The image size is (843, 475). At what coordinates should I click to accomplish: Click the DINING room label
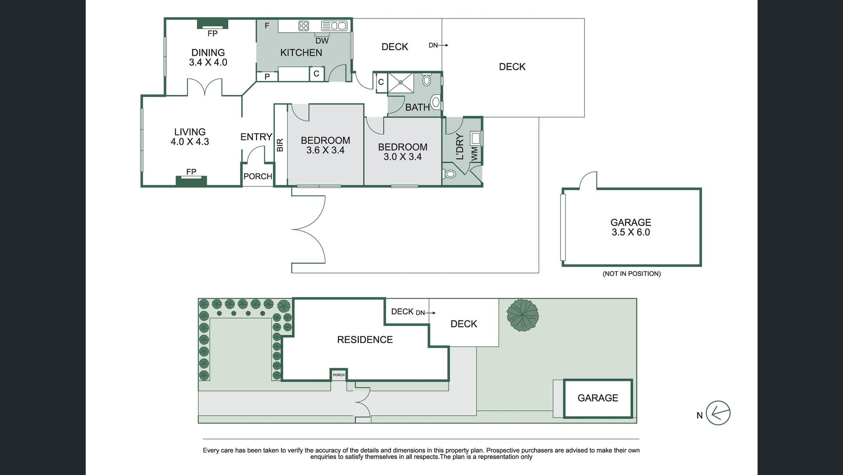click(x=208, y=53)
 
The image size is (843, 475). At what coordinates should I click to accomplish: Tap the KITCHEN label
click(x=301, y=53)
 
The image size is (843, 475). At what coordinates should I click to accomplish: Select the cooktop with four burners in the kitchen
click(x=303, y=26)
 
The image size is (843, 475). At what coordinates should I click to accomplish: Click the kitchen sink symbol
click(x=334, y=26)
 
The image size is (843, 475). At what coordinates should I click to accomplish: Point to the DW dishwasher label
click(x=322, y=41)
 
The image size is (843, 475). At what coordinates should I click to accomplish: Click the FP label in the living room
click(x=191, y=172)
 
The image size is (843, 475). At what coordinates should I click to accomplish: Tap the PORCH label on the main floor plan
click(x=258, y=176)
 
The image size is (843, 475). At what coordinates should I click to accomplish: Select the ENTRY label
click(x=256, y=137)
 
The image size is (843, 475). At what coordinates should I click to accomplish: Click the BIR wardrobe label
click(x=280, y=145)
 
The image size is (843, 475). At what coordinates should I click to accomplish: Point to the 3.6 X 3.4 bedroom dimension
click(x=325, y=150)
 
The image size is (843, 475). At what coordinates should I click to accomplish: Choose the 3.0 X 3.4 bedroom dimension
click(x=403, y=157)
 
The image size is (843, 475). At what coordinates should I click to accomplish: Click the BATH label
click(x=417, y=107)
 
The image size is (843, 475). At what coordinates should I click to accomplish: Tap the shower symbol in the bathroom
click(x=401, y=82)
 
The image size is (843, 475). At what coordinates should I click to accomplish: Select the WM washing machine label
click(x=474, y=154)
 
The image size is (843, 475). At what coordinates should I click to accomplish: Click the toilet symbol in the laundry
click(x=449, y=173)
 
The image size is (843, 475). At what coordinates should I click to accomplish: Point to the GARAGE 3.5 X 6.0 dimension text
click(x=631, y=232)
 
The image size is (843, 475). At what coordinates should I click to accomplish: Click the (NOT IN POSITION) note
click(x=631, y=274)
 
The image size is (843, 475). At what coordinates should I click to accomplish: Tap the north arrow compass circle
click(x=718, y=413)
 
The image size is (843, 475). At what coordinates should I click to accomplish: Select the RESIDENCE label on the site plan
click(x=365, y=340)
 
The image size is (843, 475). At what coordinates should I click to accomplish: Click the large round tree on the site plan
click(x=523, y=315)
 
